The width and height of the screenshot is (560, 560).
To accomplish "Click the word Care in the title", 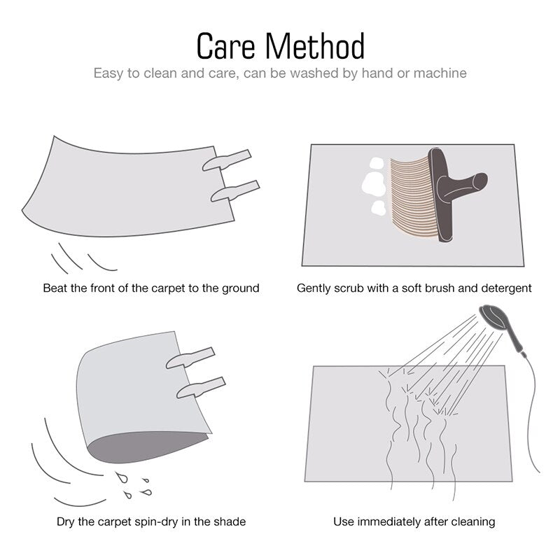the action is [225, 46].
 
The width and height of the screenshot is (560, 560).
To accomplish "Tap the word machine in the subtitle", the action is [440, 73].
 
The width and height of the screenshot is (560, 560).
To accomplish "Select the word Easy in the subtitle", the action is [108, 73].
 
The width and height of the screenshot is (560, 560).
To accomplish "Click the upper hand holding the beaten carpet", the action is [227, 160].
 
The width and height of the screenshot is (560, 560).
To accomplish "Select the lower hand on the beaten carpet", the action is [235, 191].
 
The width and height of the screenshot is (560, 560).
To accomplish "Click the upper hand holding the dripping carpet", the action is [190, 358].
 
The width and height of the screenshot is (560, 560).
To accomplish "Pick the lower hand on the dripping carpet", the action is [201, 388].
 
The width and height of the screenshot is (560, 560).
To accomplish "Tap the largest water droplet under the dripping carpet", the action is [122, 477].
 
